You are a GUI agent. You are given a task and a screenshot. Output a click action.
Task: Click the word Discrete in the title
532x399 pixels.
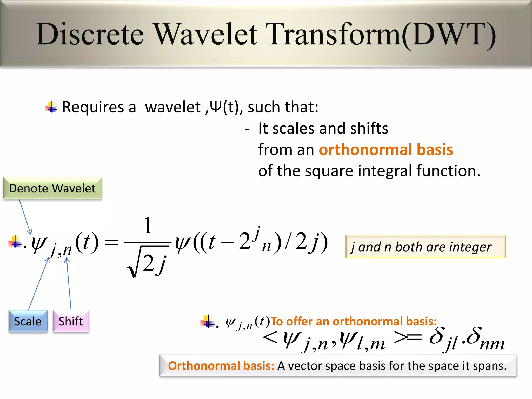point(90,34)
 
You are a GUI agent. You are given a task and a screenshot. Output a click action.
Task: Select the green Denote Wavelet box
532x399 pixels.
point(53,188)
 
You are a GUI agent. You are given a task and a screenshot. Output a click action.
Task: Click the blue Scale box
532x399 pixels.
point(28,321)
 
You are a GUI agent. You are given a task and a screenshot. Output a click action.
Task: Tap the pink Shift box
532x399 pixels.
point(71,321)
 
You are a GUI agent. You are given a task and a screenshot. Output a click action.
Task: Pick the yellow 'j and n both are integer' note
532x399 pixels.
point(425,247)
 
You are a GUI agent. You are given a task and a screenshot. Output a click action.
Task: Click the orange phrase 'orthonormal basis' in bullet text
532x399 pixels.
point(386,150)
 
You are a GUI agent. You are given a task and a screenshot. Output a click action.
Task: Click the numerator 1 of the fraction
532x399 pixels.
point(148,225)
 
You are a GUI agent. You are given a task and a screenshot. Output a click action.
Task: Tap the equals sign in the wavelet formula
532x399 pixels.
point(111,243)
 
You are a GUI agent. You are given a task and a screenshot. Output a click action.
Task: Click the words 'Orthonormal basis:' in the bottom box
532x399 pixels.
point(221,366)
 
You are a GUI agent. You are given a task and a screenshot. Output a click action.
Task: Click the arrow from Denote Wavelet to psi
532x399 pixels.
point(25,217)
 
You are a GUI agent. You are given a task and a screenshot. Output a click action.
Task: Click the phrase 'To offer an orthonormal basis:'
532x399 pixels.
point(353,322)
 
